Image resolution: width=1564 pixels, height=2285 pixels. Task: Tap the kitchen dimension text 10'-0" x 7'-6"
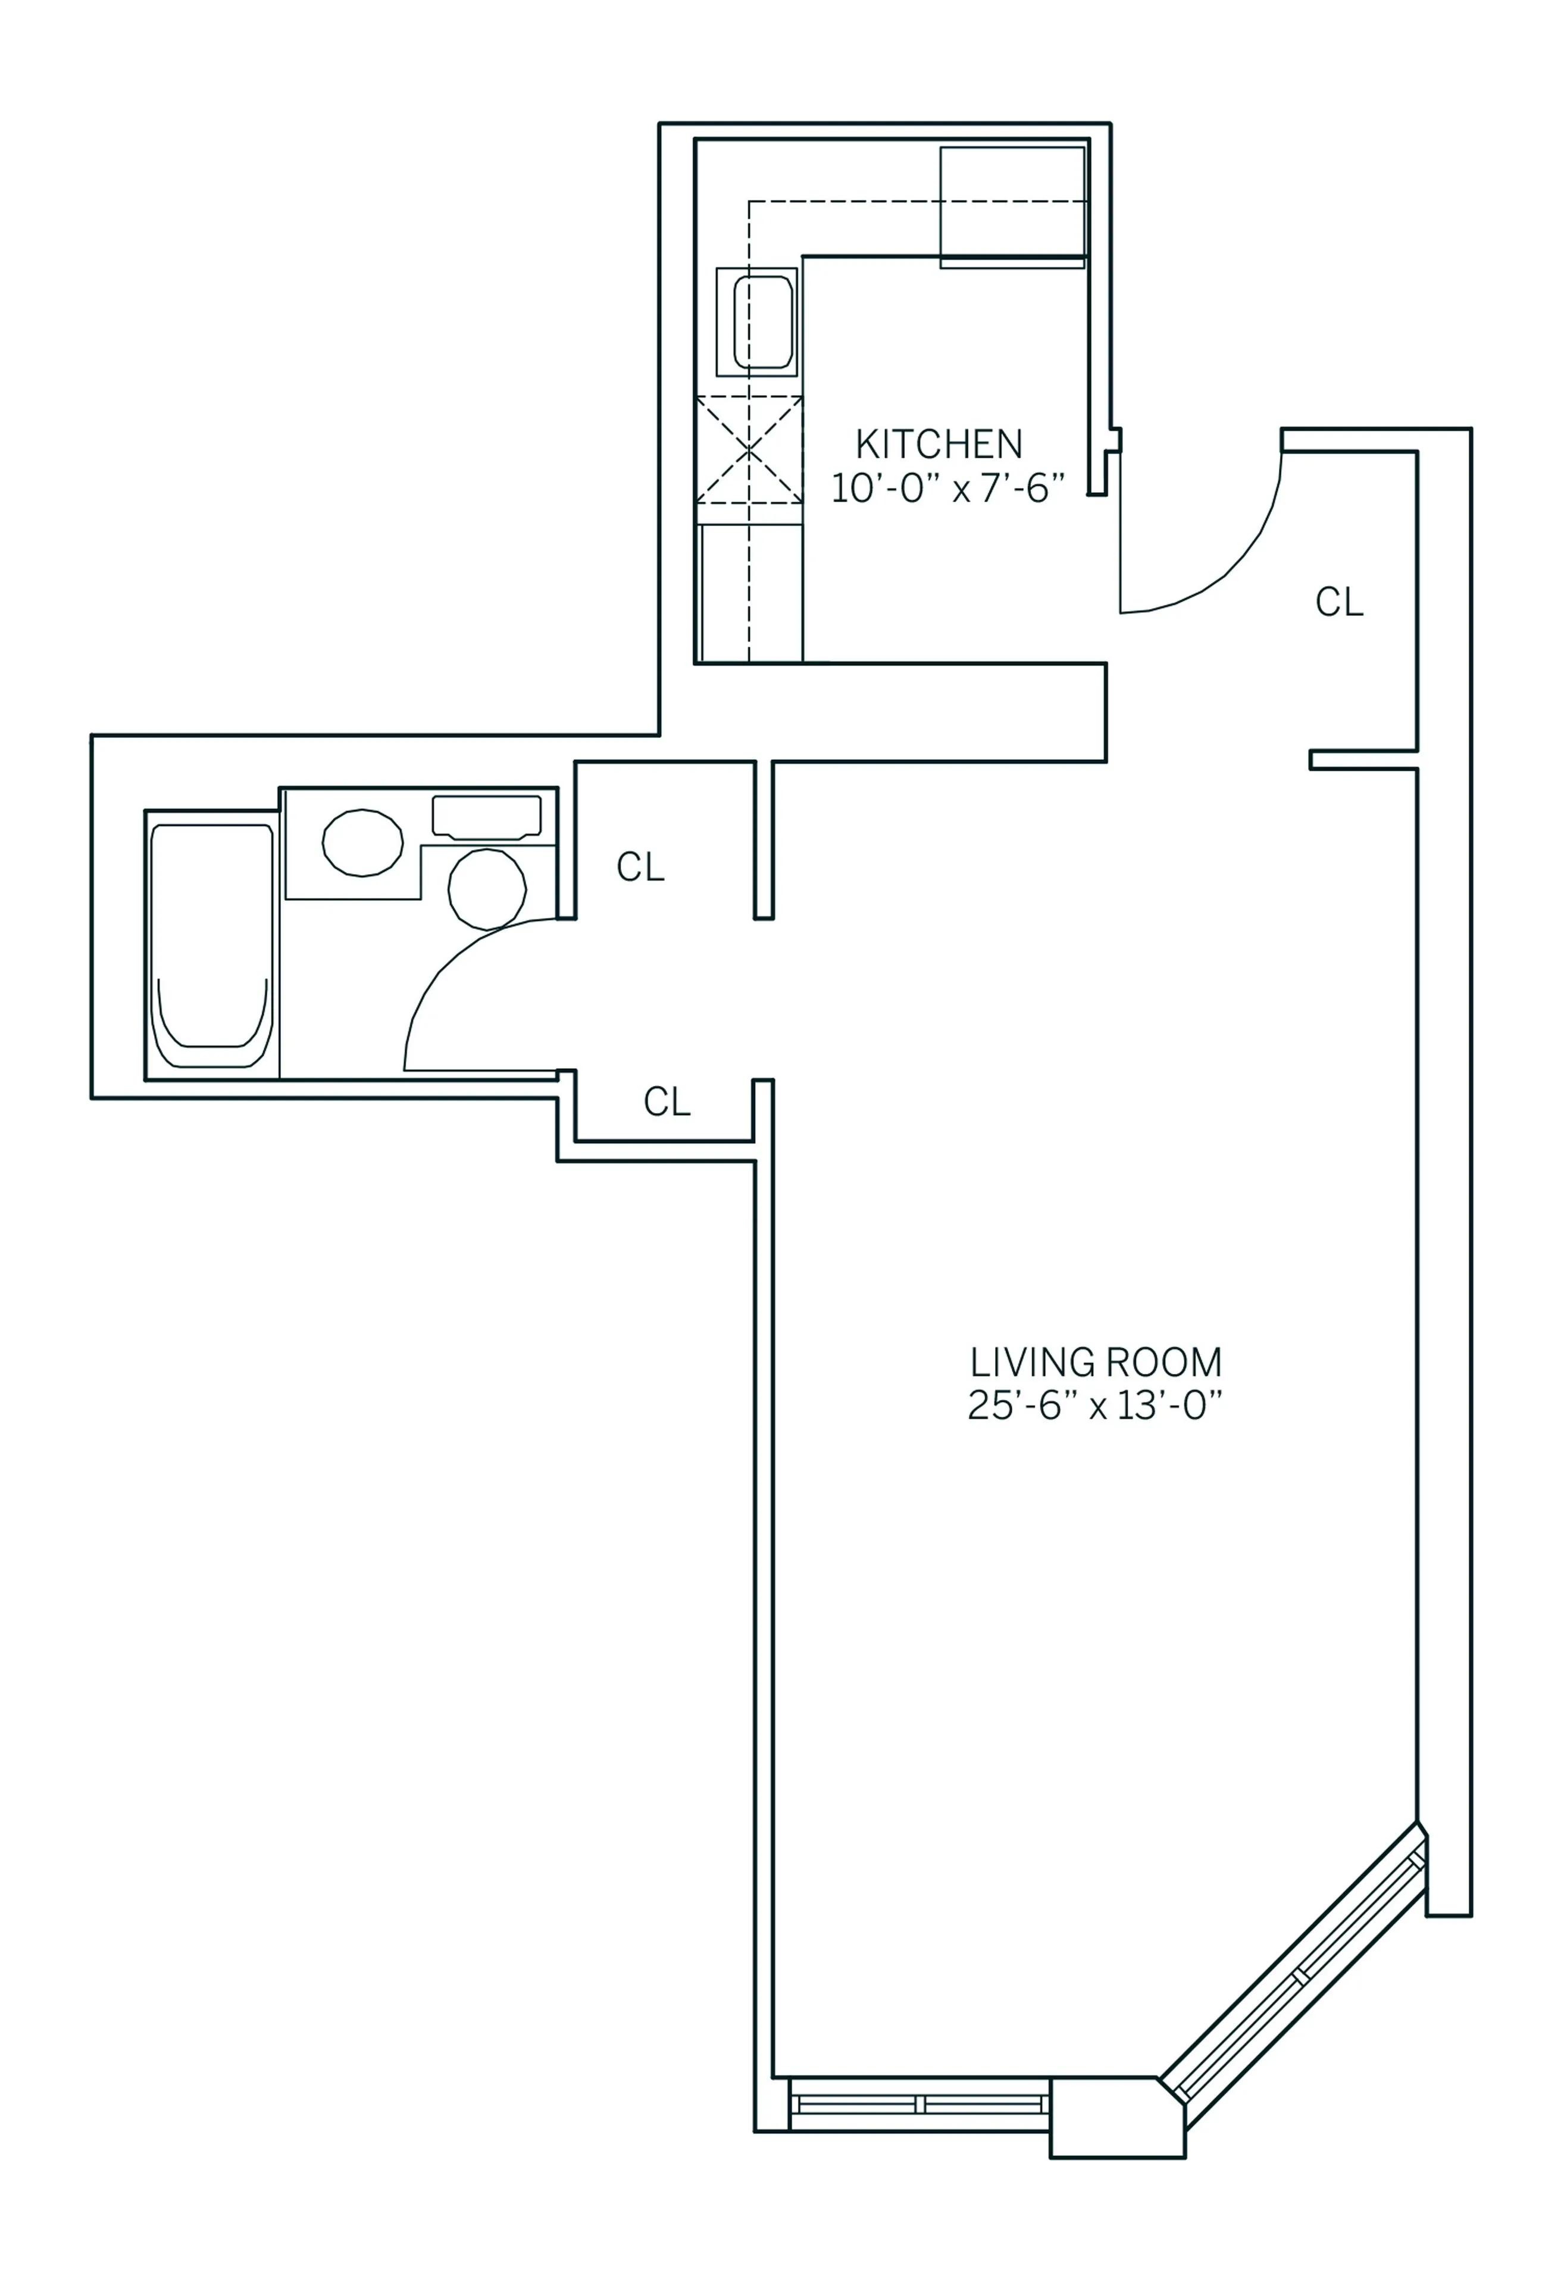[947, 489]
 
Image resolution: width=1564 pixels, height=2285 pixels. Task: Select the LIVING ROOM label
[1096, 1363]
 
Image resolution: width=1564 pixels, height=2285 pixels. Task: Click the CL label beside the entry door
[1339, 602]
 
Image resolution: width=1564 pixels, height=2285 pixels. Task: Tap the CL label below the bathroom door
[667, 1102]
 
